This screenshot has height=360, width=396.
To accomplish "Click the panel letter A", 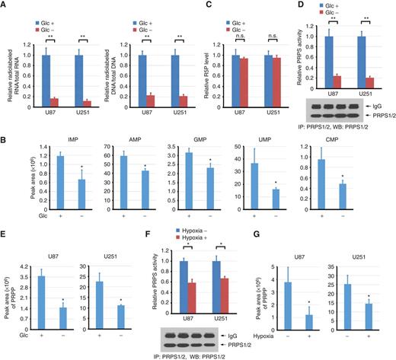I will (5, 5).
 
